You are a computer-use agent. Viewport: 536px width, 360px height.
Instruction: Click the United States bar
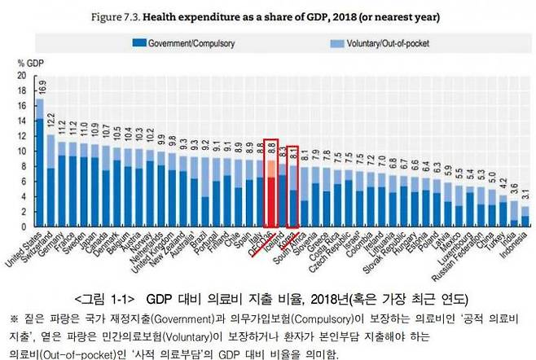38,163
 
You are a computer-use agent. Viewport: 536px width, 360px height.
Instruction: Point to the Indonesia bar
525,217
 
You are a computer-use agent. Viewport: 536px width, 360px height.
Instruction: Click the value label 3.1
525,195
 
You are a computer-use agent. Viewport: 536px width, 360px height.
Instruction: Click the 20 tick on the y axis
22,75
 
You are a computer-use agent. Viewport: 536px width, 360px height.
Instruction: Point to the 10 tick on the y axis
22,151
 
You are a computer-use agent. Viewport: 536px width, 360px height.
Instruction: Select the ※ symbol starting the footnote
13,318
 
